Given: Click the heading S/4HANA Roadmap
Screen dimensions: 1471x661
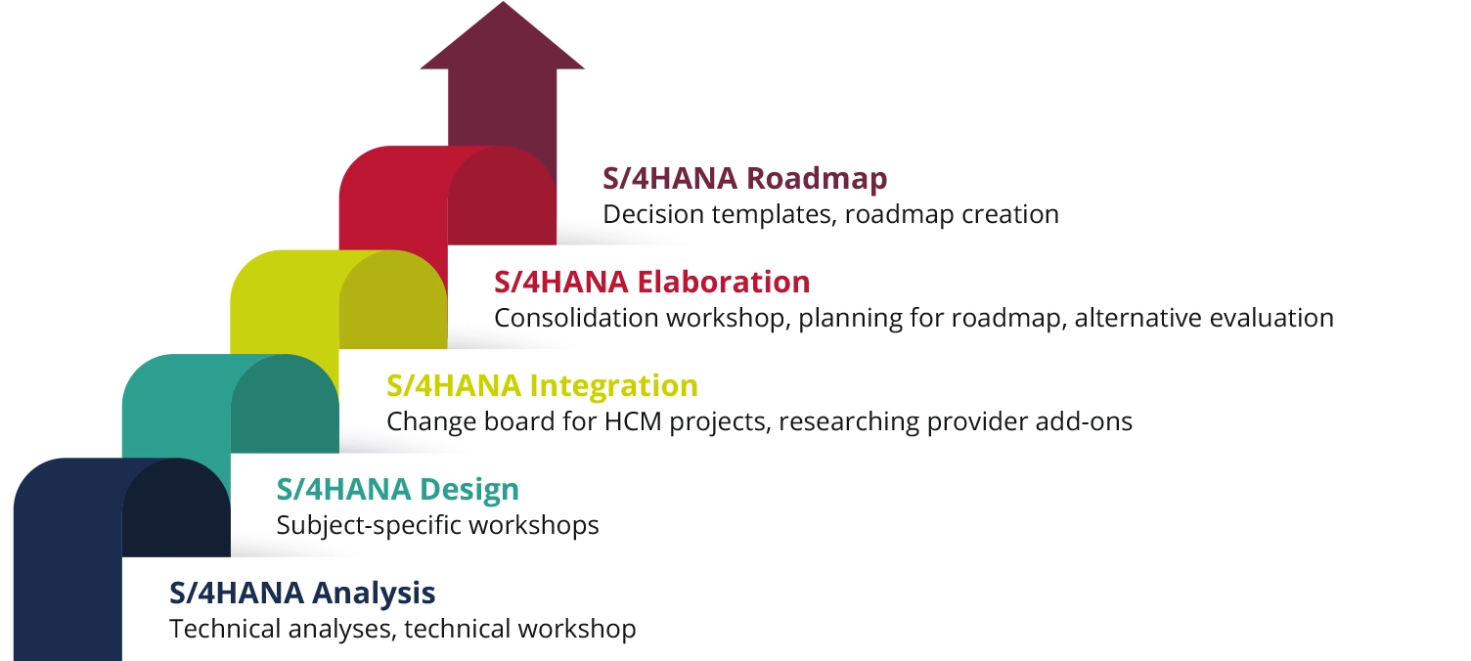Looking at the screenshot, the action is point(744,179).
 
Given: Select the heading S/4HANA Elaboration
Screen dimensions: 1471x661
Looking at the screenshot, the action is point(652,283).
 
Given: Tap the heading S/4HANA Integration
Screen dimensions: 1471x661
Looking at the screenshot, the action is point(542,386).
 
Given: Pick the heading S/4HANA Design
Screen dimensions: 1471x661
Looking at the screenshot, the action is point(397,490).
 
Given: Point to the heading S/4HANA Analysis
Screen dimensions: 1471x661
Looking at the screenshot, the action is point(302,593).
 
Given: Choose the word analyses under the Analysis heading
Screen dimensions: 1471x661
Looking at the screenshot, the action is point(341,630).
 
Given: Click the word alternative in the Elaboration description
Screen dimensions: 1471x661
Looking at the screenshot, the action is point(1138,319).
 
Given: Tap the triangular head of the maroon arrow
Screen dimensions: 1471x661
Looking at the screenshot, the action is point(503,35).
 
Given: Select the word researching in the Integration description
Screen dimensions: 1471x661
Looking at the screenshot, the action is point(849,422).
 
